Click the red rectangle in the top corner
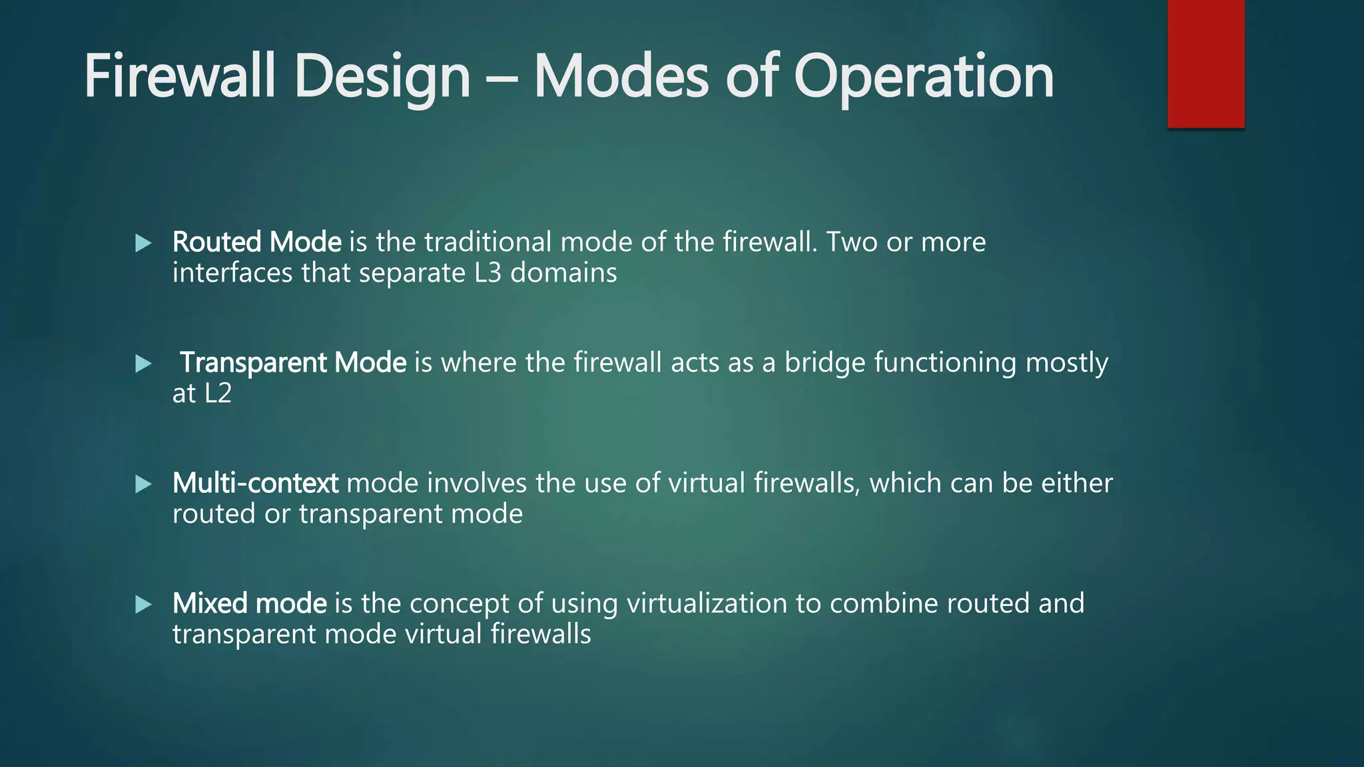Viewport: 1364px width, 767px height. coord(1205,63)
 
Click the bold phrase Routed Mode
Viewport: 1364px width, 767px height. coord(256,242)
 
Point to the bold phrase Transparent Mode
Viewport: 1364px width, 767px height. coord(293,363)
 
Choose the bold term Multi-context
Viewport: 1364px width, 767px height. coord(255,483)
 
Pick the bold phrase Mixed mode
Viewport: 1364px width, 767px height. coord(249,604)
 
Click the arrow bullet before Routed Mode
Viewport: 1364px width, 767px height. coord(143,243)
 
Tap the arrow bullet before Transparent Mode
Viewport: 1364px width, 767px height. coord(143,364)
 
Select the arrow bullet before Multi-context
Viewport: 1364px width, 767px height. coord(143,484)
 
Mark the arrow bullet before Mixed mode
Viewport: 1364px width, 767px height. coord(143,605)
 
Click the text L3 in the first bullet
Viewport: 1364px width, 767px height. coord(488,273)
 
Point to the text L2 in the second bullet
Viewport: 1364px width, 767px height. coord(218,393)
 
